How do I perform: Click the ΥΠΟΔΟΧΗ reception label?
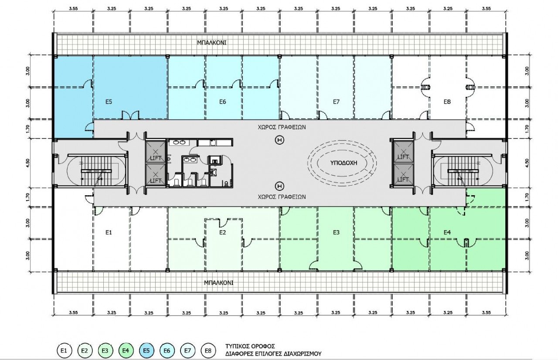[344, 163]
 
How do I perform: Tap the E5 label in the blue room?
[109, 102]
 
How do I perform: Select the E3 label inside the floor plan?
[336, 233]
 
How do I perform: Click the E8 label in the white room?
[447, 102]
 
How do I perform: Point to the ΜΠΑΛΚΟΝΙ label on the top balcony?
[212, 43]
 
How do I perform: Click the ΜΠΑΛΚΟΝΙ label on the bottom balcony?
[218, 283]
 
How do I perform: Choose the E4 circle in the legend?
[126, 350]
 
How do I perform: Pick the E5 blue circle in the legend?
[146, 350]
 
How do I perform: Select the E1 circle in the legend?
[64, 350]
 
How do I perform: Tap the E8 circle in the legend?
[208, 350]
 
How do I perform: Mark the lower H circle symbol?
[279, 186]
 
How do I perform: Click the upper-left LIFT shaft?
[156, 152]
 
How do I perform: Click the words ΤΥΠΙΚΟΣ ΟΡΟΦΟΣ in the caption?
[250, 346]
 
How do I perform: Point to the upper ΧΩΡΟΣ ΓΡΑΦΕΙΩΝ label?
[282, 127]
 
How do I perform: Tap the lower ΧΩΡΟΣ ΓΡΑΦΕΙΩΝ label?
[282, 197]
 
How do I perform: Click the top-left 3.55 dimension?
[74, 8]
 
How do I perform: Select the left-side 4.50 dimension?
[27, 163]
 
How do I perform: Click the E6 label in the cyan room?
[222, 102]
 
